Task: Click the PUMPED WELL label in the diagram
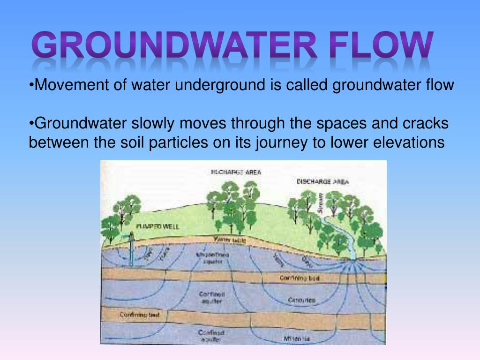pos(157,226)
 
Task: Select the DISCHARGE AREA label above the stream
pos(322,181)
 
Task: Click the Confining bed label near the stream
pos(300,278)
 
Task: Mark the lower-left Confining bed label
pos(139,315)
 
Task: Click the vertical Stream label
pos(321,203)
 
